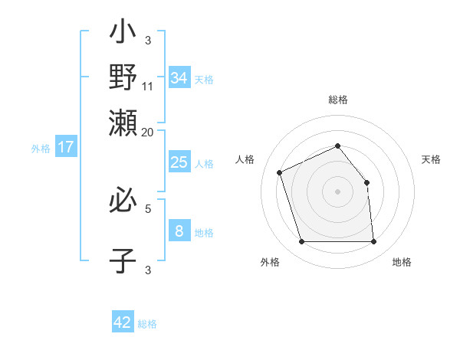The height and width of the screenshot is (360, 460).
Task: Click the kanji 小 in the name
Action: [123, 34]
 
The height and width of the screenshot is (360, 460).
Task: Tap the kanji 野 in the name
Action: [123, 77]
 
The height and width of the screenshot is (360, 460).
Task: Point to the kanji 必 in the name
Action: [123, 201]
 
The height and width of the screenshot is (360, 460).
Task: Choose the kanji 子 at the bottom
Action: [123, 260]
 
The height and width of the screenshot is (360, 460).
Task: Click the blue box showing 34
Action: [179, 77]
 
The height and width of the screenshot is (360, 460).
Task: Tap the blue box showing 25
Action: [179, 162]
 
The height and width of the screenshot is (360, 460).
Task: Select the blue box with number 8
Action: [179, 231]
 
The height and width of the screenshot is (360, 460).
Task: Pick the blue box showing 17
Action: [66, 147]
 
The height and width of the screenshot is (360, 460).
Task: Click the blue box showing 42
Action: [123, 322]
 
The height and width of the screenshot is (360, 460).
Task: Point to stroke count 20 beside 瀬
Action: [148, 132]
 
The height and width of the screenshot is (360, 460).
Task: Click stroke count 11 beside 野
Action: [148, 87]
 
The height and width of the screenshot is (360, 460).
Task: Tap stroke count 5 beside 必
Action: [148, 207]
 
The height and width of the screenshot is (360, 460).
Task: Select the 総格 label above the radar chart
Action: [338, 100]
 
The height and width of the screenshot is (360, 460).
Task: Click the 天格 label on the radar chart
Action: [431, 159]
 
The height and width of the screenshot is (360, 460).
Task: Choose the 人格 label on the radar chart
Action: [245, 159]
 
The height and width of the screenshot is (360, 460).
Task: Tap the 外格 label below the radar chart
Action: [270, 263]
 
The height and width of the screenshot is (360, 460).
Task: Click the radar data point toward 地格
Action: [373, 242]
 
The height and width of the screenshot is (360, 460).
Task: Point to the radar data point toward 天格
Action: [366, 182]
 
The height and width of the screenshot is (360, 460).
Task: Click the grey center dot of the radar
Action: [338, 191]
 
